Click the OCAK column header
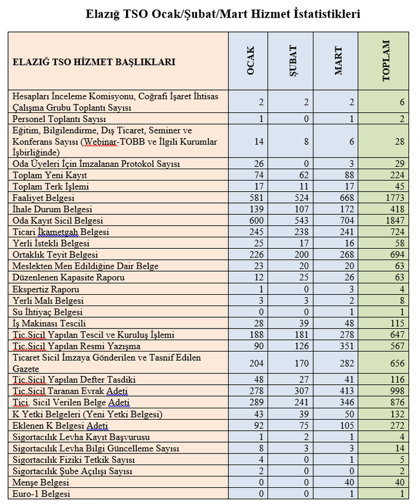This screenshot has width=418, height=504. [x=250, y=61]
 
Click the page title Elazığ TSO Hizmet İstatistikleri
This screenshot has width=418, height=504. [x=223, y=13]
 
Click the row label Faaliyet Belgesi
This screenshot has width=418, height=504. [x=45, y=197]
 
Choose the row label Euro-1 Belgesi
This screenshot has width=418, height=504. [x=42, y=493]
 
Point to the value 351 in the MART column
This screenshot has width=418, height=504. [x=346, y=346]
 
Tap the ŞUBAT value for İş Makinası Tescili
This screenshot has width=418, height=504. [x=302, y=323]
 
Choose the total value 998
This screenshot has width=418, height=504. [x=396, y=391]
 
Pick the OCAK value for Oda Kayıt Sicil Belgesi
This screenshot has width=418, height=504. [x=256, y=220]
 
